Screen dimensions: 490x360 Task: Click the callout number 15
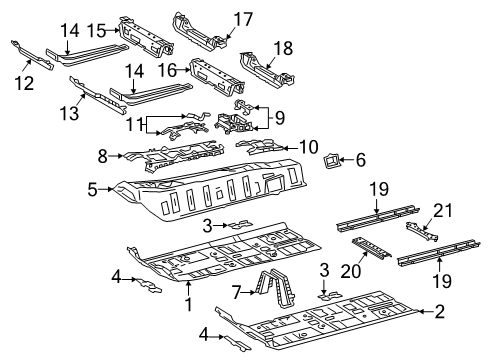(97, 31)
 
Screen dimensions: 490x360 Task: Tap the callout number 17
(243, 19)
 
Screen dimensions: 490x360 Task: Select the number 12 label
(24, 83)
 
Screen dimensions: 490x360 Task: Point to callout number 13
(69, 112)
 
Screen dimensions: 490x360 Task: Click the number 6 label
(361, 160)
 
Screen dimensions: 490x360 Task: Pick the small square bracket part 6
(330, 161)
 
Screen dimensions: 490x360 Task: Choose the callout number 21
(443, 211)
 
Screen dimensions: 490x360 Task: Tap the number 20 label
(351, 271)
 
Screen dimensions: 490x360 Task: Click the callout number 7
(236, 293)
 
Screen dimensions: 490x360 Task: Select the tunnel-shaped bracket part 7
(274, 287)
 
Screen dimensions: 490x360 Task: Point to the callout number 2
(440, 312)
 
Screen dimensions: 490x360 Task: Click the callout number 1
(189, 304)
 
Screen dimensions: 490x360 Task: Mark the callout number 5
(92, 190)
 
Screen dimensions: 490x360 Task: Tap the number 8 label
(103, 156)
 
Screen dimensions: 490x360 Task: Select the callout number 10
(309, 147)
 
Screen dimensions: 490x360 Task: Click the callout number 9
(280, 118)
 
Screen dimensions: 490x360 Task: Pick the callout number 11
(135, 125)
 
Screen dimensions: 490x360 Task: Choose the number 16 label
(167, 70)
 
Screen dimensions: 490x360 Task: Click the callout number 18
(284, 48)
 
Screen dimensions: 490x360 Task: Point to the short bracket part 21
(422, 232)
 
